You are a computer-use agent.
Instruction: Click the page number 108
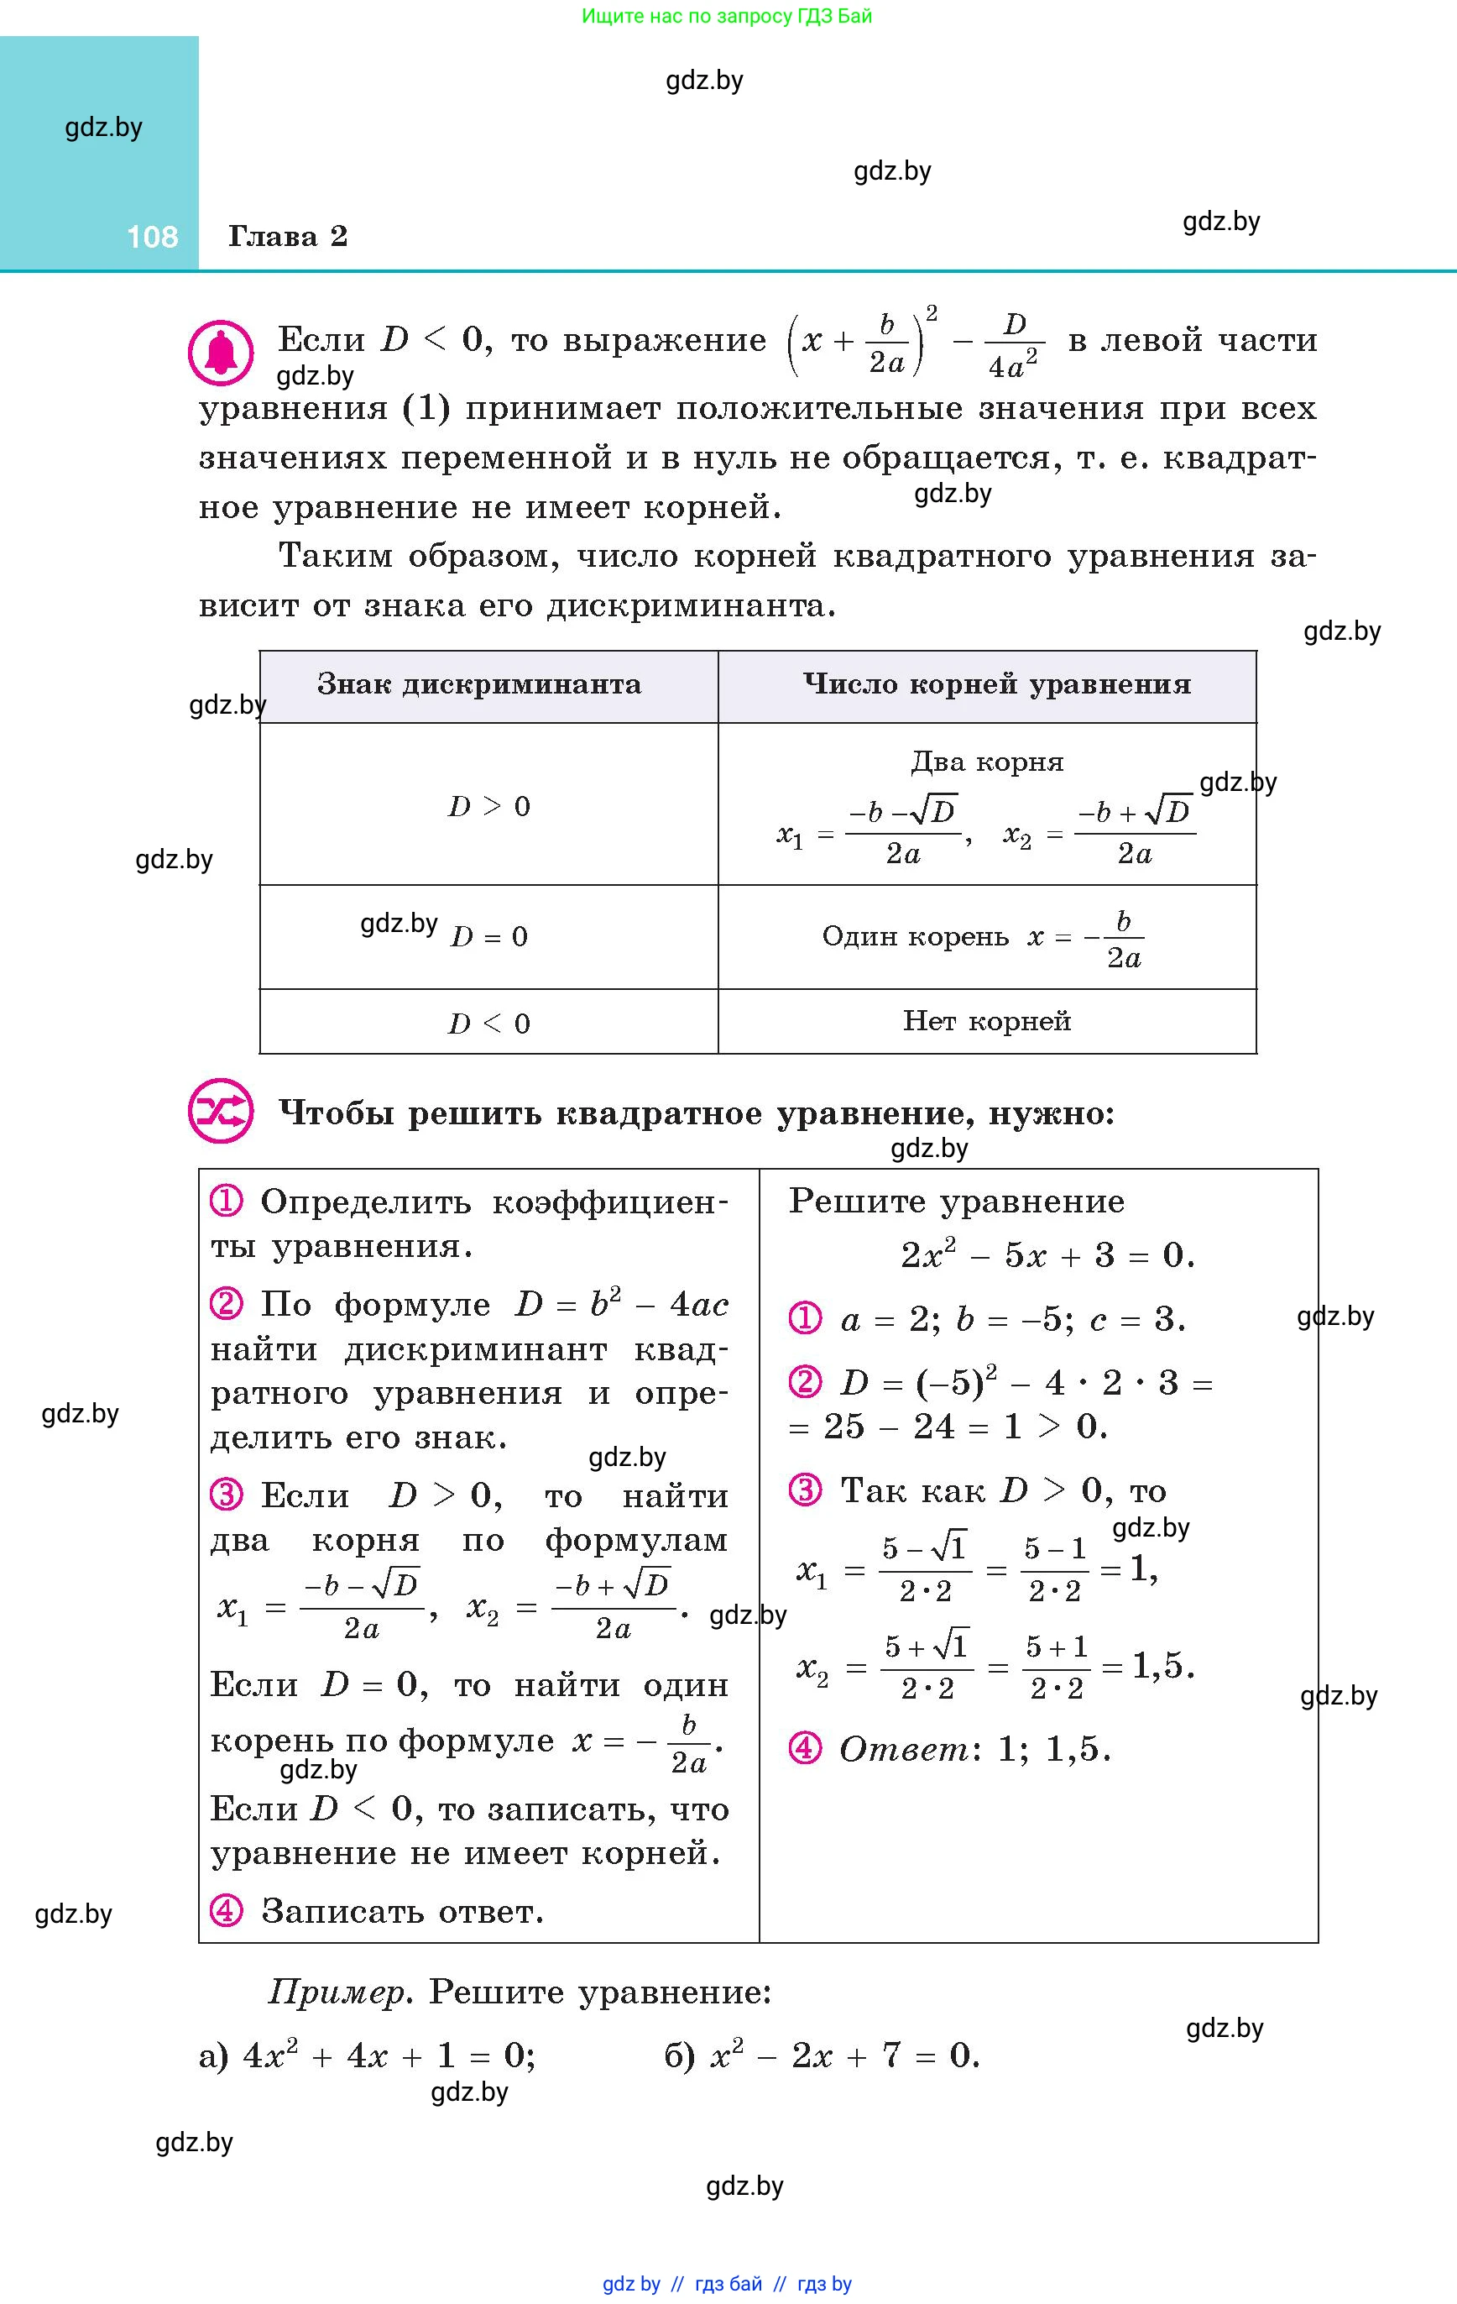tap(152, 236)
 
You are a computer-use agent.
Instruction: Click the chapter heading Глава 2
tap(287, 236)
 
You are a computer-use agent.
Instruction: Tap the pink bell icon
tap(221, 353)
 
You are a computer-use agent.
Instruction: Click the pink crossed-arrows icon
tap(221, 1112)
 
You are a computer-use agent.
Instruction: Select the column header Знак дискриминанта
tap(478, 684)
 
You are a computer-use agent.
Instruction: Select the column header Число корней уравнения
tap(996, 684)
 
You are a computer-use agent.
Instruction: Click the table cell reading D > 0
tap(488, 807)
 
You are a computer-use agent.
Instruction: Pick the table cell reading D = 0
tap(488, 937)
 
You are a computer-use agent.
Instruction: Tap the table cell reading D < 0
tap(488, 1024)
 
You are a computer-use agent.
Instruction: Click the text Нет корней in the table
tap(986, 1021)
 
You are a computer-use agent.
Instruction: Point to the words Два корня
tap(986, 762)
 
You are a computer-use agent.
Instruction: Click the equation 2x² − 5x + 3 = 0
tap(1047, 1254)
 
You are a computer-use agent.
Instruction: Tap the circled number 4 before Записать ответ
tap(226, 1911)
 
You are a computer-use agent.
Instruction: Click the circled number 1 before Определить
tap(226, 1201)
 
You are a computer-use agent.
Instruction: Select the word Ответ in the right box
tap(903, 1750)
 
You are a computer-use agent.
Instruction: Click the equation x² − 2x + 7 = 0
tap(844, 2055)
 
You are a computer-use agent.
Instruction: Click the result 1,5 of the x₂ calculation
tap(1162, 1667)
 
